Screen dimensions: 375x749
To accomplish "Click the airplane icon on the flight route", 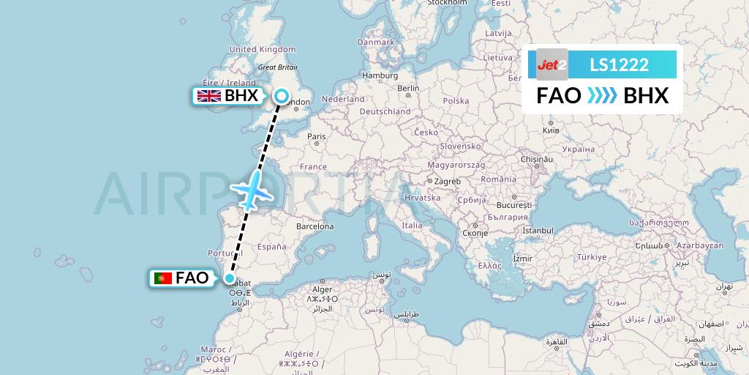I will coord(251,187).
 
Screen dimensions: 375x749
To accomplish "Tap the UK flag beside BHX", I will coord(210,96).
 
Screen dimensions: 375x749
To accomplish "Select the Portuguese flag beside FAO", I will coord(163,278).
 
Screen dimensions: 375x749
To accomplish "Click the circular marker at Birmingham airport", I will coord(282,95).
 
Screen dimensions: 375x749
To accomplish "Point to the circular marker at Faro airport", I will coord(230,278).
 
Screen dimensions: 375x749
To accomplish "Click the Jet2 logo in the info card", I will coord(552,64).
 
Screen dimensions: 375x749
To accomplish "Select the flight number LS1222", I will coord(619,64).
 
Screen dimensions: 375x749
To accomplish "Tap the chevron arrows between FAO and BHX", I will coord(602,96).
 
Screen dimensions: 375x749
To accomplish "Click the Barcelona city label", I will coord(315,227).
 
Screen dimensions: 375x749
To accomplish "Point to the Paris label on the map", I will coord(316,136).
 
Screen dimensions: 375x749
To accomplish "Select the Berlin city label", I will coord(408,89).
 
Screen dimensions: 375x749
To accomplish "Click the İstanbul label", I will coord(538,231).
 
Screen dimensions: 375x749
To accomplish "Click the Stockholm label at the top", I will coord(447,3).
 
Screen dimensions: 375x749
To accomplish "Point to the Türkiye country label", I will coord(592,258).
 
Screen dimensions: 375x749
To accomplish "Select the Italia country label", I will coord(412,226).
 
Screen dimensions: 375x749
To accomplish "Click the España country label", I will coord(271,247).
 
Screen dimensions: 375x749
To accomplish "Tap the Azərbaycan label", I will coord(699,245).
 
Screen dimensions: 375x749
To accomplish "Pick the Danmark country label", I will coord(376,42).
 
